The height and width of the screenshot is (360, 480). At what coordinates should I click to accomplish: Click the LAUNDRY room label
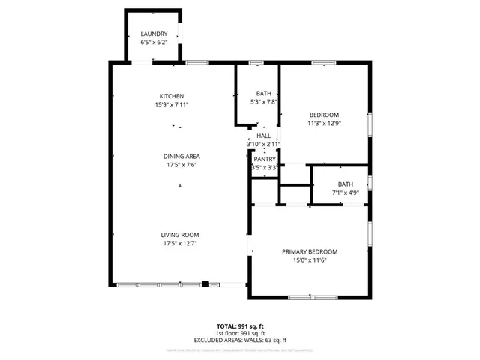[x=154, y=34]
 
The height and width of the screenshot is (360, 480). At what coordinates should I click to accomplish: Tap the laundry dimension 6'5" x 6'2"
[x=154, y=43]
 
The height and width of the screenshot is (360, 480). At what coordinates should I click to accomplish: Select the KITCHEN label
[x=172, y=95]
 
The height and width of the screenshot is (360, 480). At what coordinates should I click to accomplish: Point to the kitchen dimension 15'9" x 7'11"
[x=172, y=104]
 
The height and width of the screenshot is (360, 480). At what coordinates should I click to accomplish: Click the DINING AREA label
[x=181, y=156]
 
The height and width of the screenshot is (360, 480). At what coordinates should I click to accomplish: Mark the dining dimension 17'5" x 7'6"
[x=181, y=165]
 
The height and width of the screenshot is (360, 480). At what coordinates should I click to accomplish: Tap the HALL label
[x=263, y=135]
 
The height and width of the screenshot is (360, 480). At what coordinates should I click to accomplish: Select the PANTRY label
[x=264, y=159]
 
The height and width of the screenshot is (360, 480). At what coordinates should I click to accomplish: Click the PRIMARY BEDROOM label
[x=310, y=251]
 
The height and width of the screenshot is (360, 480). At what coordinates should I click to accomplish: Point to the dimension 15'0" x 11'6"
[x=310, y=260]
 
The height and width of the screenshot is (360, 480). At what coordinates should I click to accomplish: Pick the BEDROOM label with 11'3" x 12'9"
[x=324, y=114]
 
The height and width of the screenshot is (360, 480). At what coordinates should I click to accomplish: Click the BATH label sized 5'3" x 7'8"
[x=263, y=93]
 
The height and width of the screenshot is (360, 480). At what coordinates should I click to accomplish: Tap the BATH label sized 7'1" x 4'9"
[x=345, y=184]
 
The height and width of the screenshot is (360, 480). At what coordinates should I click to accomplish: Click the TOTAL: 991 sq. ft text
[x=240, y=325]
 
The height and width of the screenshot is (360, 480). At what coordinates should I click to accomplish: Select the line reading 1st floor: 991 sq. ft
[x=240, y=333]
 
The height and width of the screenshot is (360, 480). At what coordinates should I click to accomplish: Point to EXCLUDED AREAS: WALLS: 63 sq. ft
[x=240, y=340]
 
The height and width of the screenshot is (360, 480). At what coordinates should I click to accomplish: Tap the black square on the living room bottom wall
[x=205, y=283]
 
